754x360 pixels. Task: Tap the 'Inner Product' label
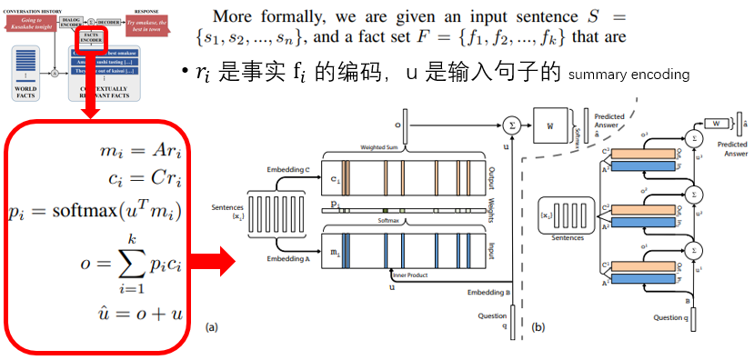point(412,273)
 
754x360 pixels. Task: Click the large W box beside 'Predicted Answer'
point(551,123)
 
